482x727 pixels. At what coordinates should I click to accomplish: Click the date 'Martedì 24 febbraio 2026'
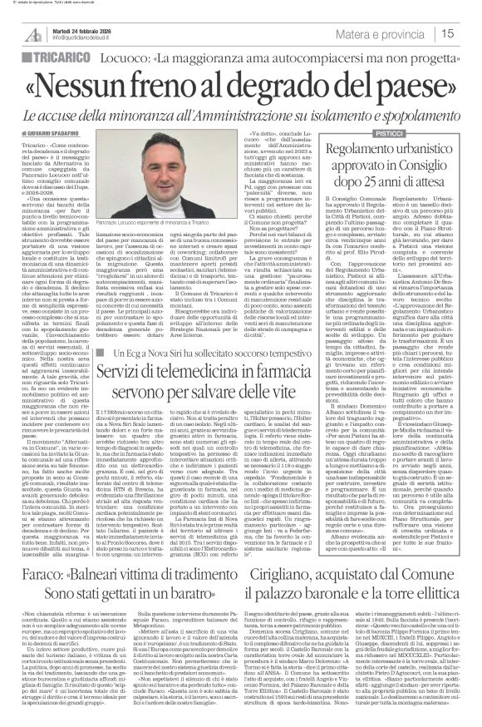tap(84, 27)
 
